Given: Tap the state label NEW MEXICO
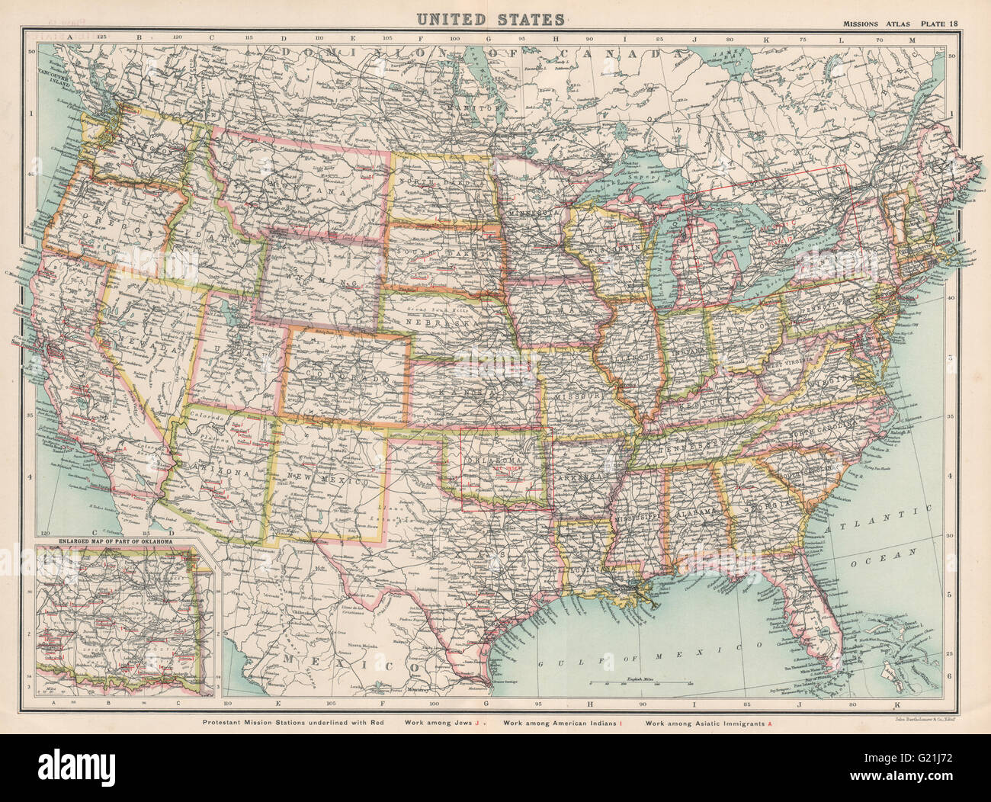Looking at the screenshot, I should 329,481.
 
